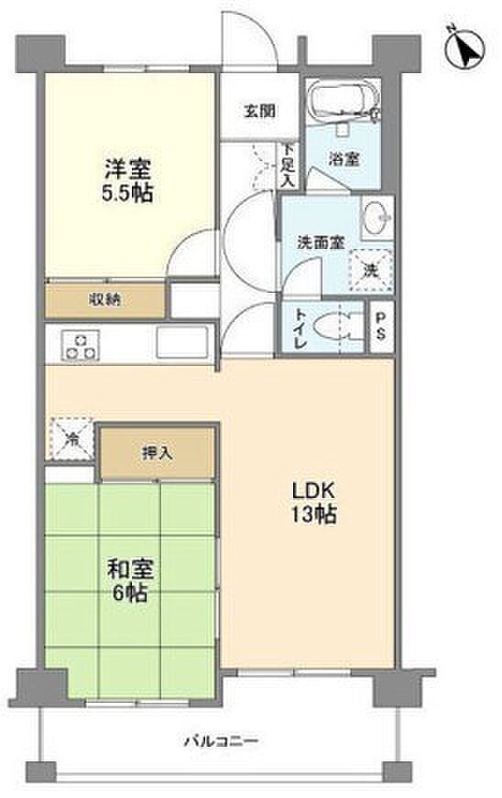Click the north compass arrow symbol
click(464, 49)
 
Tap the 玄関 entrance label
click(260, 111)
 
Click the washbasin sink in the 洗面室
click(376, 219)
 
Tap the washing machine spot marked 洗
click(370, 271)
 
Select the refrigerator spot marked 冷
click(71, 438)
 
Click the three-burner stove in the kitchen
click(81, 346)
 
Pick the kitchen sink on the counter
click(182, 342)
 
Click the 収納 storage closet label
click(105, 300)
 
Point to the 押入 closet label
click(158, 452)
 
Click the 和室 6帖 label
click(129, 581)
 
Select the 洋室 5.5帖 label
click(128, 180)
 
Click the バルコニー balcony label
click(221, 740)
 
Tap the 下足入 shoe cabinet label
click(289, 165)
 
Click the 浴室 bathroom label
click(344, 159)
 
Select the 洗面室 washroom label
click(321, 243)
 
